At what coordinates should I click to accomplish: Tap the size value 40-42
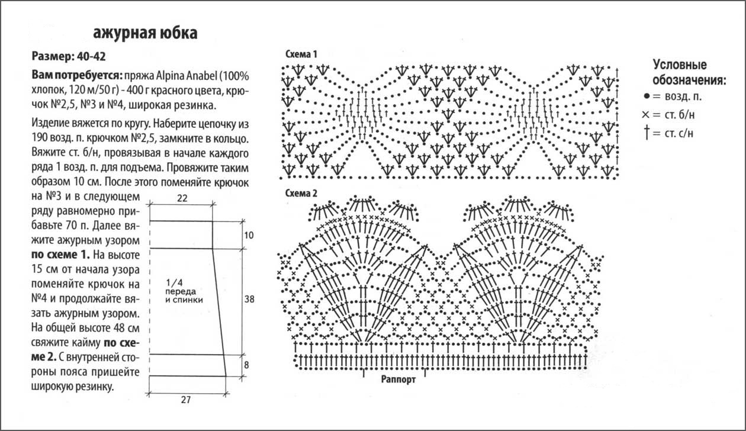click(x=91, y=56)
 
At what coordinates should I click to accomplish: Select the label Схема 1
click(x=301, y=54)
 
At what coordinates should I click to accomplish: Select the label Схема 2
click(x=301, y=193)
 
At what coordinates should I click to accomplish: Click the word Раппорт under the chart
click(x=398, y=379)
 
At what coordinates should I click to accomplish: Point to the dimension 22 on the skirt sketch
click(x=182, y=198)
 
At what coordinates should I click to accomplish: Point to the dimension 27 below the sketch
click(x=186, y=400)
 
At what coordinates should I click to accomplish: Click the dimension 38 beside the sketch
click(x=249, y=299)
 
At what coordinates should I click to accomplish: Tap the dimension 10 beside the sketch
click(x=249, y=235)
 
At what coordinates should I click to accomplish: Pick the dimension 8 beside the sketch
click(x=246, y=365)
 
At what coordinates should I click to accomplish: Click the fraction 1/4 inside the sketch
click(x=175, y=283)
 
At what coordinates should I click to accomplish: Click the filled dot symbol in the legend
click(x=647, y=97)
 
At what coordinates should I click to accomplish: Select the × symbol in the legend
click(x=645, y=115)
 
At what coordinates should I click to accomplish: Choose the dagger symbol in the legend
click(x=647, y=133)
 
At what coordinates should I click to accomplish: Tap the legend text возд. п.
click(x=683, y=97)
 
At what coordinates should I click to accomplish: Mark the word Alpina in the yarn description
click(x=171, y=76)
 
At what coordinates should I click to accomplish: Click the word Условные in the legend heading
click(x=680, y=65)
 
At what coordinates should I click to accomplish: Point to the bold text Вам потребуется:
click(x=77, y=76)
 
